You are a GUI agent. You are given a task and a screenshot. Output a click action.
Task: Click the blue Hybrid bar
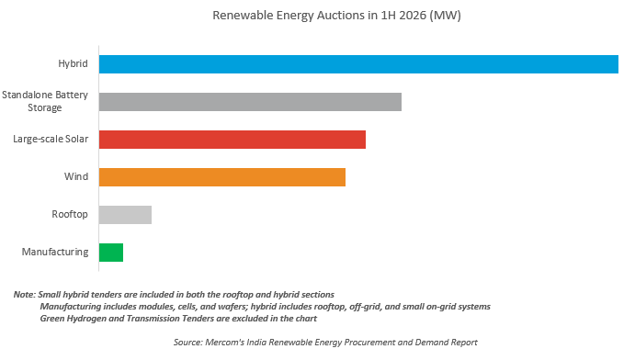[358, 64]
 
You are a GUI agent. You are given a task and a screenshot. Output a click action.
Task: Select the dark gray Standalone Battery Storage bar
[250, 102]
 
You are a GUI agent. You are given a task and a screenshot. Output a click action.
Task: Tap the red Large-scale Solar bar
[232, 140]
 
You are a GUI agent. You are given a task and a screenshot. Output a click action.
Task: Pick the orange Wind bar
[222, 177]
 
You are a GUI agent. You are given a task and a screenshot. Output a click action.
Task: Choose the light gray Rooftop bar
[125, 215]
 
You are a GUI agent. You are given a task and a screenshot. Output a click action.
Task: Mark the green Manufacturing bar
[111, 253]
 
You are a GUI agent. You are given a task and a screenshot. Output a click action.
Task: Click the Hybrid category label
[73, 64]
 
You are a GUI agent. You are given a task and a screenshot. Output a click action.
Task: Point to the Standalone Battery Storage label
[45, 101]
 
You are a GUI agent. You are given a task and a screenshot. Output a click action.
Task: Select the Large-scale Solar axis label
[51, 140]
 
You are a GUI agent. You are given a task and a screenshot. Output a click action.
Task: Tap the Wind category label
[76, 176]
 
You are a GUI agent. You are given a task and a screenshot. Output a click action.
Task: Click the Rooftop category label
[70, 214]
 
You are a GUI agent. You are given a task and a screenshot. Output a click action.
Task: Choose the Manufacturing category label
[55, 252]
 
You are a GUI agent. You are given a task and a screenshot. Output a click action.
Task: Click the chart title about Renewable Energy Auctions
[337, 16]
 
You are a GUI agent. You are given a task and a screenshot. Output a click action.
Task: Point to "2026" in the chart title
[413, 16]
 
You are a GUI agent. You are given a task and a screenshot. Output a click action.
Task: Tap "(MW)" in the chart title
[446, 16]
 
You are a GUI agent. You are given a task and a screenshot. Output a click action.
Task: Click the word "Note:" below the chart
[25, 295]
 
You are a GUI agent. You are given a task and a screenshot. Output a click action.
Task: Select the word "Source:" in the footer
[187, 343]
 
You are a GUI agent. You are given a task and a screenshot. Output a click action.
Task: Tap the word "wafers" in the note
[233, 307]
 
